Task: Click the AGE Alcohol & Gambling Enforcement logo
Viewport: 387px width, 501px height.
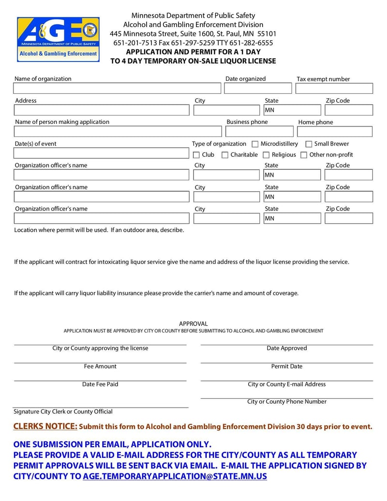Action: [x=58, y=39]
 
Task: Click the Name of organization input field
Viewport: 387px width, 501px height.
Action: [x=117, y=89]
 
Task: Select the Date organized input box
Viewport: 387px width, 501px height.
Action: [x=258, y=89]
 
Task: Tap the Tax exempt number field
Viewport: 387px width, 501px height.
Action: [x=334, y=89]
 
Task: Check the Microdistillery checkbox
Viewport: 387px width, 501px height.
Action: [x=255, y=144]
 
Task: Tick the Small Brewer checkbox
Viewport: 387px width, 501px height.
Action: [x=309, y=144]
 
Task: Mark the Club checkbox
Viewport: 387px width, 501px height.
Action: [x=196, y=155]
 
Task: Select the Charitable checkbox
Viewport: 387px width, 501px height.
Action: [x=225, y=155]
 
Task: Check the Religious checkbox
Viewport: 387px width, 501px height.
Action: [x=266, y=155]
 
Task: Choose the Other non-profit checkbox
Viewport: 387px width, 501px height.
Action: [x=304, y=155]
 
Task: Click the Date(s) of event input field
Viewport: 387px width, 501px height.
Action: [x=101, y=153]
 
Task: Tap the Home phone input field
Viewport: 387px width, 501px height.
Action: [x=335, y=132]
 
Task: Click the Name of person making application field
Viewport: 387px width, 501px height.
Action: [x=117, y=132]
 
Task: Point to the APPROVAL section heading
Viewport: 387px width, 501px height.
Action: [x=193, y=324]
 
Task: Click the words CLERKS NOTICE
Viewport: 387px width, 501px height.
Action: [x=45, y=426]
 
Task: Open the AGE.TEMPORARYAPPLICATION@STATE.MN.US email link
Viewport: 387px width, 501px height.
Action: [x=175, y=476]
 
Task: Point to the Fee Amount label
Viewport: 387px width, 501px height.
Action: [x=100, y=366]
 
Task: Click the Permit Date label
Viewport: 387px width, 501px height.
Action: [x=286, y=366]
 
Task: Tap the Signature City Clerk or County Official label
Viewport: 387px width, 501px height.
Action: [x=63, y=411]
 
